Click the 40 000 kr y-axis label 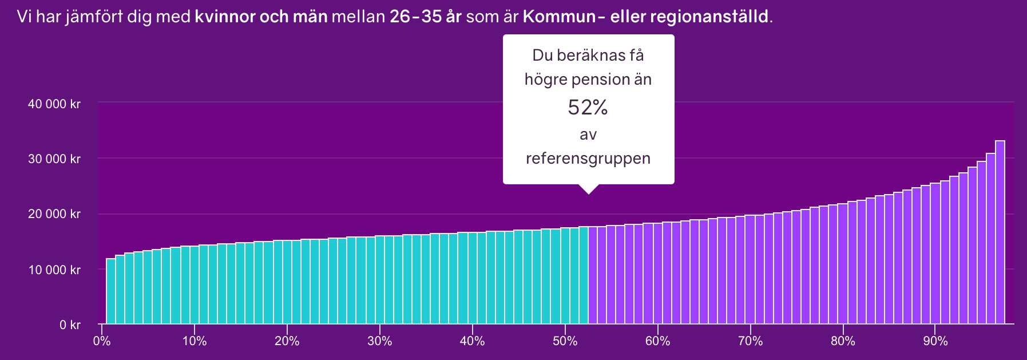(x=54, y=104)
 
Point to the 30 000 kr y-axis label (x=54, y=159)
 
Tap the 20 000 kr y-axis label (x=54, y=214)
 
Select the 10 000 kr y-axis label (x=54, y=270)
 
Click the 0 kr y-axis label (x=70, y=325)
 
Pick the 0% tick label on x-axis (x=102, y=341)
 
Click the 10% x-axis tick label (x=195, y=341)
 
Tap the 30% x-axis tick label (x=380, y=341)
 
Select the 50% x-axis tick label (x=565, y=341)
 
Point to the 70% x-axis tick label (x=751, y=341)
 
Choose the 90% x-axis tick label (x=935, y=341)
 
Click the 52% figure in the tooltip (x=588, y=108)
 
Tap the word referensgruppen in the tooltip (x=588, y=159)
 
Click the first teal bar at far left (x=111, y=291)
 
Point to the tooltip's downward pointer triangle (x=588, y=189)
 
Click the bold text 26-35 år (x=425, y=17)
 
